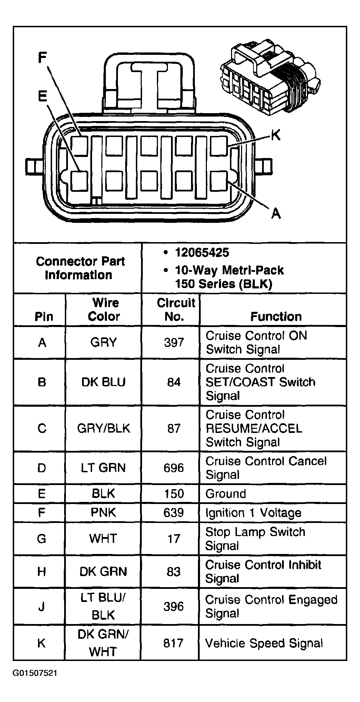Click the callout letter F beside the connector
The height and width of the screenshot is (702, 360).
(42, 58)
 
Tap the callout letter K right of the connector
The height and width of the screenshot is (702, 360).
(275, 135)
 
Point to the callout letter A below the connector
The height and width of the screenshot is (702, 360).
(276, 214)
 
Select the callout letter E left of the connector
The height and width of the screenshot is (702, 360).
(42, 96)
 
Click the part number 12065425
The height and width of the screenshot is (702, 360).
(202, 253)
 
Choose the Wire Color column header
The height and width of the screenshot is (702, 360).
(104, 309)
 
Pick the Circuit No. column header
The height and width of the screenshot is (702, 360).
(176, 309)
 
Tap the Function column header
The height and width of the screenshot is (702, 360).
(276, 316)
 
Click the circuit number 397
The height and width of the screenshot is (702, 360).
(174, 343)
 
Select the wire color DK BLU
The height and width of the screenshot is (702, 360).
(103, 382)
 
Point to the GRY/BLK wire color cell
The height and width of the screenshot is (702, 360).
(103, 428)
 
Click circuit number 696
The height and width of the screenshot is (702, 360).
(174, 468)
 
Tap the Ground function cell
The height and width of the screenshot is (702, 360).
(226, 494)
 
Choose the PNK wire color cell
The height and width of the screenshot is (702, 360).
(103, 512)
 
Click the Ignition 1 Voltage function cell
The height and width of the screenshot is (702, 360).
(253, 513)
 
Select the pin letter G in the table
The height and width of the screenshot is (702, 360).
(41, 538)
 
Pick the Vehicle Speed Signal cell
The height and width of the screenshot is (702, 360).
(264, 643)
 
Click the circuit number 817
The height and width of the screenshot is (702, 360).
(173, 643)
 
